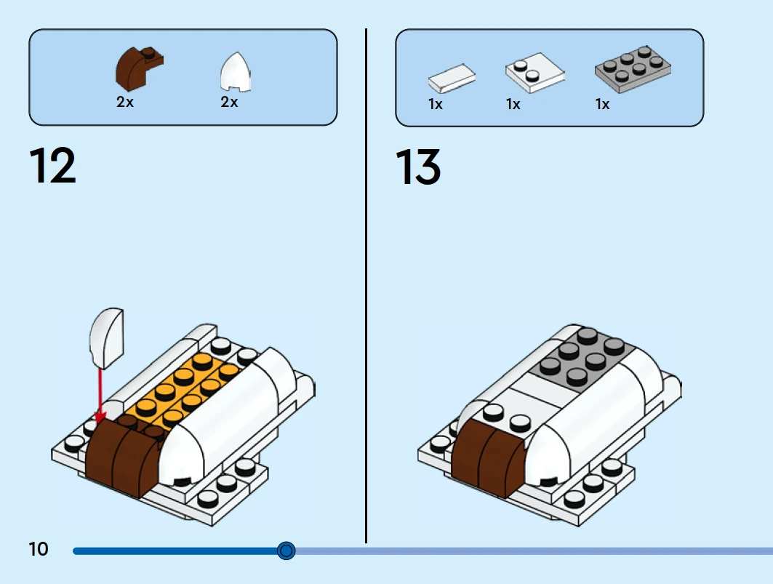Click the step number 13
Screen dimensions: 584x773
click(x=418, y=167)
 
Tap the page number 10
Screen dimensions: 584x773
click(x=38, y=549)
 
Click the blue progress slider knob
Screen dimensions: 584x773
click(x=287, y=551)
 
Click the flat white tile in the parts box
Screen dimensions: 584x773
click(x=452, y=76)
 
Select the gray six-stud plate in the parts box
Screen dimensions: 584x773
click(x=632, y=69)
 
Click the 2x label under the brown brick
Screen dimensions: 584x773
click(x=125, y=103)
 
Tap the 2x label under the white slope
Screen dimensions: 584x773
click(x=229, y=103)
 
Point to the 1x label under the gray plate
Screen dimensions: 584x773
click(x=602, y=105)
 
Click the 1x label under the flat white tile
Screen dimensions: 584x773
click(x=435, y=105)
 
